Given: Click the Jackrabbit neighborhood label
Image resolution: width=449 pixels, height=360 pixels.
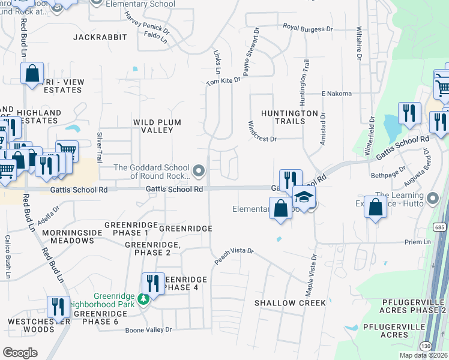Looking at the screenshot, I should (x=100, y=37).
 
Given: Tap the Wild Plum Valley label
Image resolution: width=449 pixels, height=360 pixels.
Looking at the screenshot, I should (x=157, y=126).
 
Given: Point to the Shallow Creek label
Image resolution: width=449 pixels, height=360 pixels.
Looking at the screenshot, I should (x=290, y=303).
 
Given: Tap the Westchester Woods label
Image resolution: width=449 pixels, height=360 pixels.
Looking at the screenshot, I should (x=40, y=325).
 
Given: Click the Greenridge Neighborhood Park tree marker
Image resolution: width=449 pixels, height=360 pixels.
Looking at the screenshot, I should (x=143, y=299).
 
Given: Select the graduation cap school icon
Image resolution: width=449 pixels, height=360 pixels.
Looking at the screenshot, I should (x=304, y=199).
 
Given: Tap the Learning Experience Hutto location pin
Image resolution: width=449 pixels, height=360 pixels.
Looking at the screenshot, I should (x=433, y=197).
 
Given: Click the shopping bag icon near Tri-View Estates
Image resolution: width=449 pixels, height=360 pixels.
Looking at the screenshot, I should (x=32, y=74).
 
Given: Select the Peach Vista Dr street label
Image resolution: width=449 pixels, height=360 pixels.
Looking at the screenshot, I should (x=235, y=256).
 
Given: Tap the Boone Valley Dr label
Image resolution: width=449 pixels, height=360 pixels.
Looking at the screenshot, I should (x=148, y=330).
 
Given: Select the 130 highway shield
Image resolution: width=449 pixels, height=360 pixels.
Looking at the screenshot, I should (x=427, y=346).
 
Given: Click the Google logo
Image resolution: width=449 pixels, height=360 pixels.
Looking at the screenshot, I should (x=20, y=353).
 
